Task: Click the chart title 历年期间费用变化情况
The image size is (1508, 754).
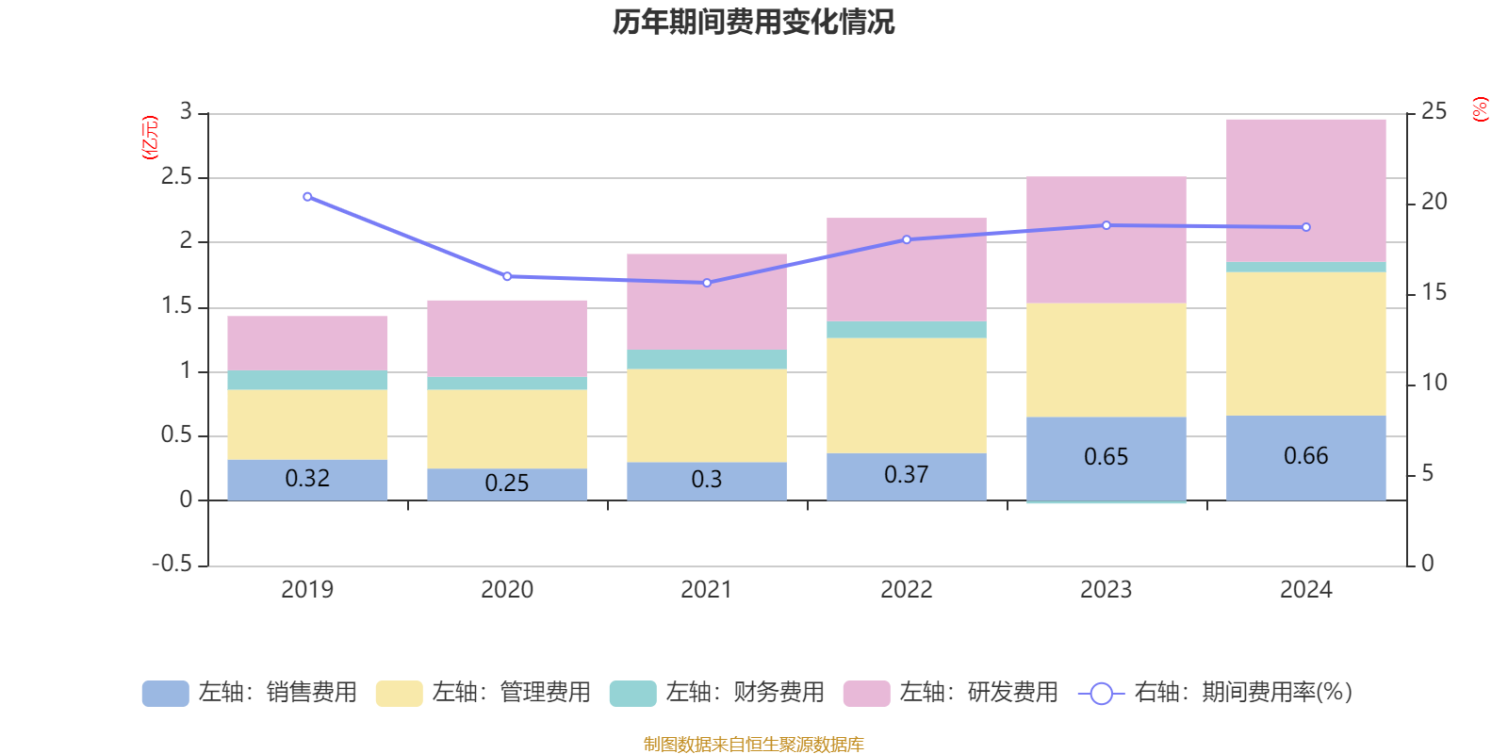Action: point(753,22)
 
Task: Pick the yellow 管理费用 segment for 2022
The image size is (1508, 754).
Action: point(906,395)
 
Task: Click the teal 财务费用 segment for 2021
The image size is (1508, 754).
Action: point(706,359)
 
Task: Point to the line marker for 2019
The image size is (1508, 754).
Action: point(307,197)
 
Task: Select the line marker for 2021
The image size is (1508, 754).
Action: point(707,283)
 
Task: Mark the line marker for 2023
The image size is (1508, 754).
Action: point(1106,225)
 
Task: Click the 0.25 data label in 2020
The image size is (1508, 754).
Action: point(507,484)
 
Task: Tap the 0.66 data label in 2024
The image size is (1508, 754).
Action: point(1305,456)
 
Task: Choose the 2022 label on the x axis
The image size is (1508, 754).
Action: point(906,590)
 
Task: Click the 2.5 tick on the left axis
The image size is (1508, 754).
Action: point(176,177)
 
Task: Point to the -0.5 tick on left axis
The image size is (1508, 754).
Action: point(172,564)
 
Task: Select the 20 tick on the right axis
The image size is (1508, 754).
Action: point(1434,202)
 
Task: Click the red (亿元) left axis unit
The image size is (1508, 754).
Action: point(150,138)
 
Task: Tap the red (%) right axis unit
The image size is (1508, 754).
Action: point(1480,109)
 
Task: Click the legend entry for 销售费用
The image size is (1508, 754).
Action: point(250,693)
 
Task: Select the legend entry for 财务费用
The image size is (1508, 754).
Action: point(717,693)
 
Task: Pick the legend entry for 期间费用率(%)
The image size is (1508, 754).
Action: point(1216,693)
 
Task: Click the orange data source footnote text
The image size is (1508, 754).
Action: point(753,745)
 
